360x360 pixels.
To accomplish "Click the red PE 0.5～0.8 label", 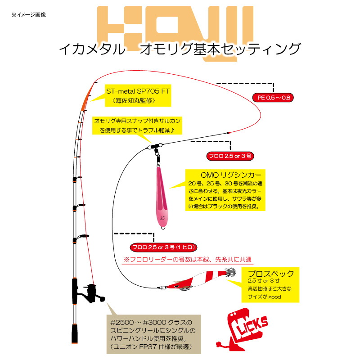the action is (x=273, y=98).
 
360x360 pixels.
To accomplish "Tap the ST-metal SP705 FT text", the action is (x=138, y=91).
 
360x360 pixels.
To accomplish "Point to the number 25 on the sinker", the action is (x=162, y=218).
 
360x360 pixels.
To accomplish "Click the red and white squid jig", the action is (x=198, y=279).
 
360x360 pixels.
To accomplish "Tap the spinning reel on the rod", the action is (x=91, y=294).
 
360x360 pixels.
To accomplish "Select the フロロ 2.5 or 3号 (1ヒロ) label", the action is (x=163, y=247).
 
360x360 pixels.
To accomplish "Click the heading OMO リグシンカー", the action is (x=231, y=175).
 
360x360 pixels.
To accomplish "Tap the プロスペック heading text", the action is (x=271, y=274).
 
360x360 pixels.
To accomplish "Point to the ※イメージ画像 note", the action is (x=29, y=15).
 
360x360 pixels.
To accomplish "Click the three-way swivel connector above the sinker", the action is (x=155, y=147).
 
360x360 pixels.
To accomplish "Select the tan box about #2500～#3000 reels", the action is (x=153, y=334).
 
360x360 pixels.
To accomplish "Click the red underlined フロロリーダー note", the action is (x=188, y=260).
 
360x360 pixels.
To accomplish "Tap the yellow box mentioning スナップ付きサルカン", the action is (x=137, y=126).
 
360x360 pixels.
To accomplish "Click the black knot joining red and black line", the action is (x=228, y=133).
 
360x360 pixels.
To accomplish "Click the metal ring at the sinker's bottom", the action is (x=163, y=228).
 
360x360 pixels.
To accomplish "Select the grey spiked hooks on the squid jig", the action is (x=230, y=272).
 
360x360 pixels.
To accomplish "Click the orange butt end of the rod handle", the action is (x=74, y=334).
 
